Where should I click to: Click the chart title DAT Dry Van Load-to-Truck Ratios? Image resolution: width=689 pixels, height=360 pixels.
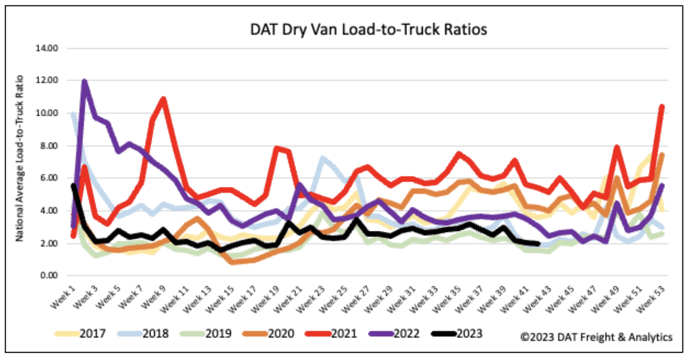368,30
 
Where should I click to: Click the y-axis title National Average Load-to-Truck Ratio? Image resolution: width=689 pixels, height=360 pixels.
19,159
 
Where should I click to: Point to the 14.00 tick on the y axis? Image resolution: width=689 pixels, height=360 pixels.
47,48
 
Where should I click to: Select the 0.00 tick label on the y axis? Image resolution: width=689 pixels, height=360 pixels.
49,275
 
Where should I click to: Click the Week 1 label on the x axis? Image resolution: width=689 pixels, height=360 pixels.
63,297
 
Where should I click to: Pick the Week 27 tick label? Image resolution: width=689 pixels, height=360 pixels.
356,299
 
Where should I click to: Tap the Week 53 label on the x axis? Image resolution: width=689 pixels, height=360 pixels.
651,299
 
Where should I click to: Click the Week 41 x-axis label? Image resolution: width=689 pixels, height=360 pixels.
515,299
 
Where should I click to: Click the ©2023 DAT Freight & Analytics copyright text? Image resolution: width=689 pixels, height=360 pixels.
596,337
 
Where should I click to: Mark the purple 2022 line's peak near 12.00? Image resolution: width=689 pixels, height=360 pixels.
84,81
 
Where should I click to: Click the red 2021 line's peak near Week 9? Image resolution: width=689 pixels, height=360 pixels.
164,99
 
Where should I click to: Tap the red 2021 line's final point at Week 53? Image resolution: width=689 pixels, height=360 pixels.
662,107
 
